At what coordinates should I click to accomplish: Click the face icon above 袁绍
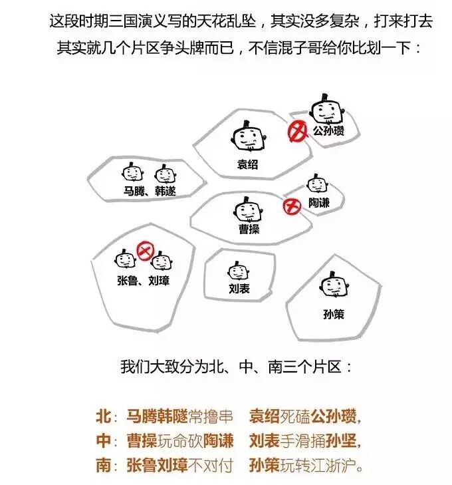[x=247, y=138]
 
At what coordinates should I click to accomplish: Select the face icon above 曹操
[x=247, y=211]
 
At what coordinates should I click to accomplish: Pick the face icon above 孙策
[x=334, y=287]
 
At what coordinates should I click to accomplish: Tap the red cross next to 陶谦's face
[x=290, y=206]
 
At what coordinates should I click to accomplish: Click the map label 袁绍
[x=247, y=165]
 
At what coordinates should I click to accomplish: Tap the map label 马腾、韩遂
[x=150, y=192]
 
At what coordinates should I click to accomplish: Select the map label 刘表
[x=239, y=289]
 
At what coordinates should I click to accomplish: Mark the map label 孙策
[x=334, y=314]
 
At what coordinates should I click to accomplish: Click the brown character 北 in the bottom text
[x=103, y=417]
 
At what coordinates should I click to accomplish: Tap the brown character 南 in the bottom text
[x=103, y=464]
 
